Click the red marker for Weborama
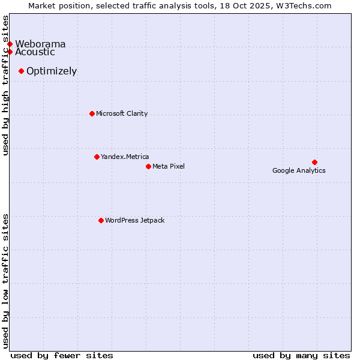[x=10, y=44]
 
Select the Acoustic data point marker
[x=10, y=52]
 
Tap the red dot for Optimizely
[x=21, y=71]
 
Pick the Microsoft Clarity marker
[x=92, y=113]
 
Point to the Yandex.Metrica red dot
[x=97, y=157]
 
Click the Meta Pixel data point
[x=148, y=166]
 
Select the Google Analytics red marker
[x=314, y=162]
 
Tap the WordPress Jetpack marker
[x=101, y=220]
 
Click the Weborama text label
[x=40, y=44]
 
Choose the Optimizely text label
[x=52, y=71]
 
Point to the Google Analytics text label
[x=299, y=170]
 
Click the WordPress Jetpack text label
[x=134, y=220]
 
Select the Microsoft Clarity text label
[x=122, y=113]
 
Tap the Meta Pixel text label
[x=169, y=166]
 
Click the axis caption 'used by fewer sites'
[x=62, y=355]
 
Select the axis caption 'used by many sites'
[x=301, y=355]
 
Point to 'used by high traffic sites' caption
[x=6, y=85]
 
